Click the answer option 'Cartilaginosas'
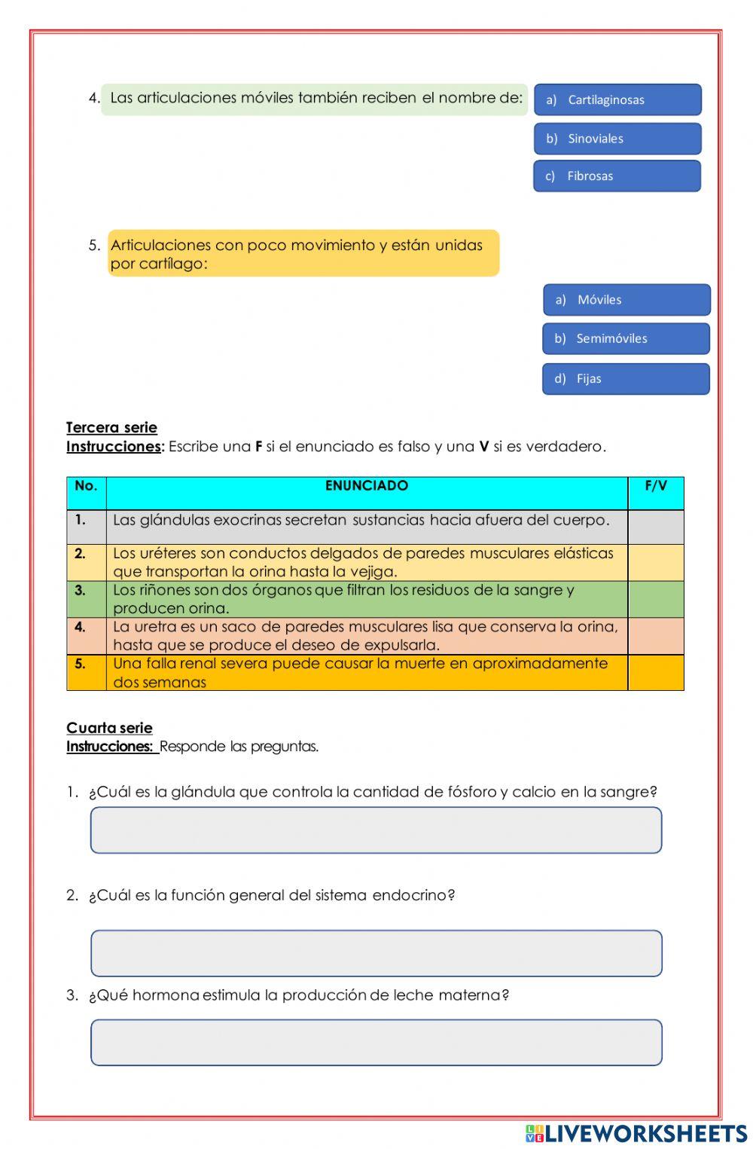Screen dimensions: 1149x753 617,99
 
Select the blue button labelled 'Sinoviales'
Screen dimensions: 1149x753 617,139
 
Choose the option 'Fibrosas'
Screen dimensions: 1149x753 617,176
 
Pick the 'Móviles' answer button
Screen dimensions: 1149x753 626,300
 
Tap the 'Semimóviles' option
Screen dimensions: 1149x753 626,339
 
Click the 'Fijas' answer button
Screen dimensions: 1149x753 626,379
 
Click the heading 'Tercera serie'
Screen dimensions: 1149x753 111,428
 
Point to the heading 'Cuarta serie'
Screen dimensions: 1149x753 109,728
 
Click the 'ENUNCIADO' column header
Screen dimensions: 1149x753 367,487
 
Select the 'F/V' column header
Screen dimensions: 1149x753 656,487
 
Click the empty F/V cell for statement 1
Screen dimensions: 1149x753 656,527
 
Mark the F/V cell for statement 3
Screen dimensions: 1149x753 656,599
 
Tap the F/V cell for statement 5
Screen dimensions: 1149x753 656,672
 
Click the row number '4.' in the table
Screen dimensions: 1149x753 81,627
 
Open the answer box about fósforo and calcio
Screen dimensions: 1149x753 376,830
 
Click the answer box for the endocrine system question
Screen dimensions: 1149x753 376,953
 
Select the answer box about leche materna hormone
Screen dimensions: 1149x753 376,1043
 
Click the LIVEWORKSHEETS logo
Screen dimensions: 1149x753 636,1134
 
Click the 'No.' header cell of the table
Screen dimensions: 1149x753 86,487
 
